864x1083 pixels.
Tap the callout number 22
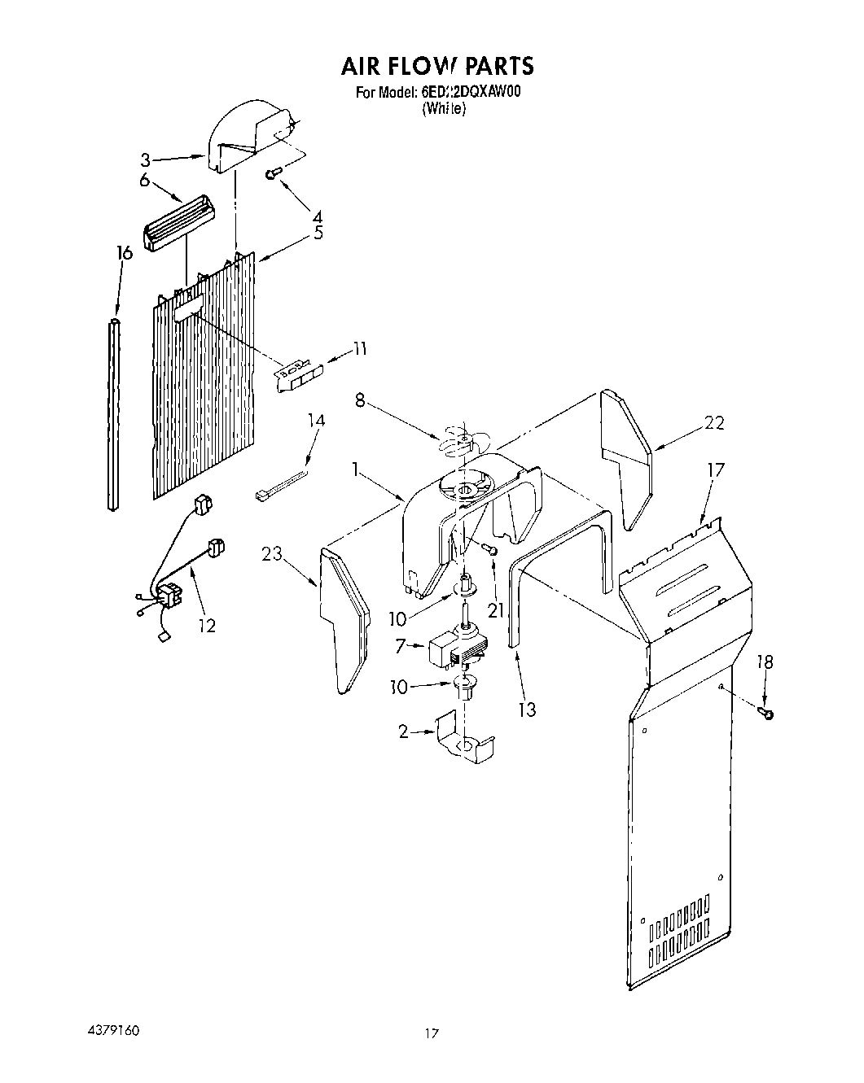coord(714,422)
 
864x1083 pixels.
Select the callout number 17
coord(715,470)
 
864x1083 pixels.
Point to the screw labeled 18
coord(765,714)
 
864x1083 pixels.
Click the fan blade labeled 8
coord(458,442)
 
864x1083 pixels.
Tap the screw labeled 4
coord(274,172)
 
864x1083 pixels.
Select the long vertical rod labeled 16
coord(113,415)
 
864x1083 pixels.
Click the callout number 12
coord(207,625)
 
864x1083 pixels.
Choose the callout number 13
coord(527,710)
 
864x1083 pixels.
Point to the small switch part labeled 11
coord(298,376)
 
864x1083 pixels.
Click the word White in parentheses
coord(444,109)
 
